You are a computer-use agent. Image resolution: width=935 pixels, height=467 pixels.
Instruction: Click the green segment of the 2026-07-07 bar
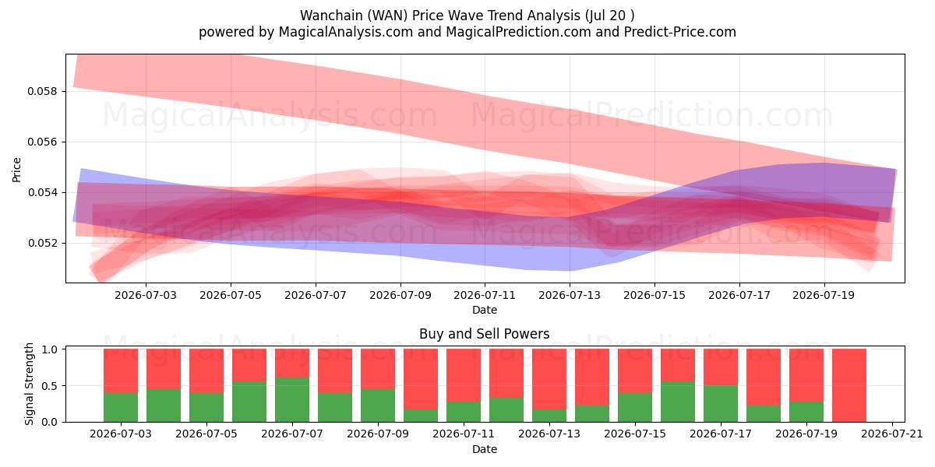[292, 399]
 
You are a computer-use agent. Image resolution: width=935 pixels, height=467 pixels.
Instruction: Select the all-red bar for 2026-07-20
[849, 385]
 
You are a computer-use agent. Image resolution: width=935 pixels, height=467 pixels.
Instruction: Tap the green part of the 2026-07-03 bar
[121, 407]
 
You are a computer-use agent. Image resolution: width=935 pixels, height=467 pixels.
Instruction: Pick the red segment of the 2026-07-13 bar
[549, 379]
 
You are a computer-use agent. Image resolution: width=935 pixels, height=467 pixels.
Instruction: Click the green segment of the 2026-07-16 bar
[678, 402]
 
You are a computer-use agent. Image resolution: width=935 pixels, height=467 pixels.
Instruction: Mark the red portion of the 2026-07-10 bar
[421, 379]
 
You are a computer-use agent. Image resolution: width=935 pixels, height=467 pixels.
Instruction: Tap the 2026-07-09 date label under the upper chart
[400, 295]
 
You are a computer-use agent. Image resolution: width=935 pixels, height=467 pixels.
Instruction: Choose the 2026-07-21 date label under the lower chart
[892, 434]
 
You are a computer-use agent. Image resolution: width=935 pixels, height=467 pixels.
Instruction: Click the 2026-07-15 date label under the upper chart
[654, 295]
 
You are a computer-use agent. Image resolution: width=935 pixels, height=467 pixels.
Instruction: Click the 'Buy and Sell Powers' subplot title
[484, 334]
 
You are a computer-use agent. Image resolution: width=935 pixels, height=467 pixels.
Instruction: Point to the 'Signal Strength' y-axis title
[29, 384]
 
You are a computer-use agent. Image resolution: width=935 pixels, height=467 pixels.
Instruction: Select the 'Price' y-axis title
[16, 170]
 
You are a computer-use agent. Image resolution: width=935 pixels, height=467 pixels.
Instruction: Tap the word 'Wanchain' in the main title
[331, 16]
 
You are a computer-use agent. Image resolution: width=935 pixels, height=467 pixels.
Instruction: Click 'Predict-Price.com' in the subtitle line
[680, 32]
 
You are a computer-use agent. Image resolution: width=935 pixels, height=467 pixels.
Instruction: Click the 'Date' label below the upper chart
[485, 311]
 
